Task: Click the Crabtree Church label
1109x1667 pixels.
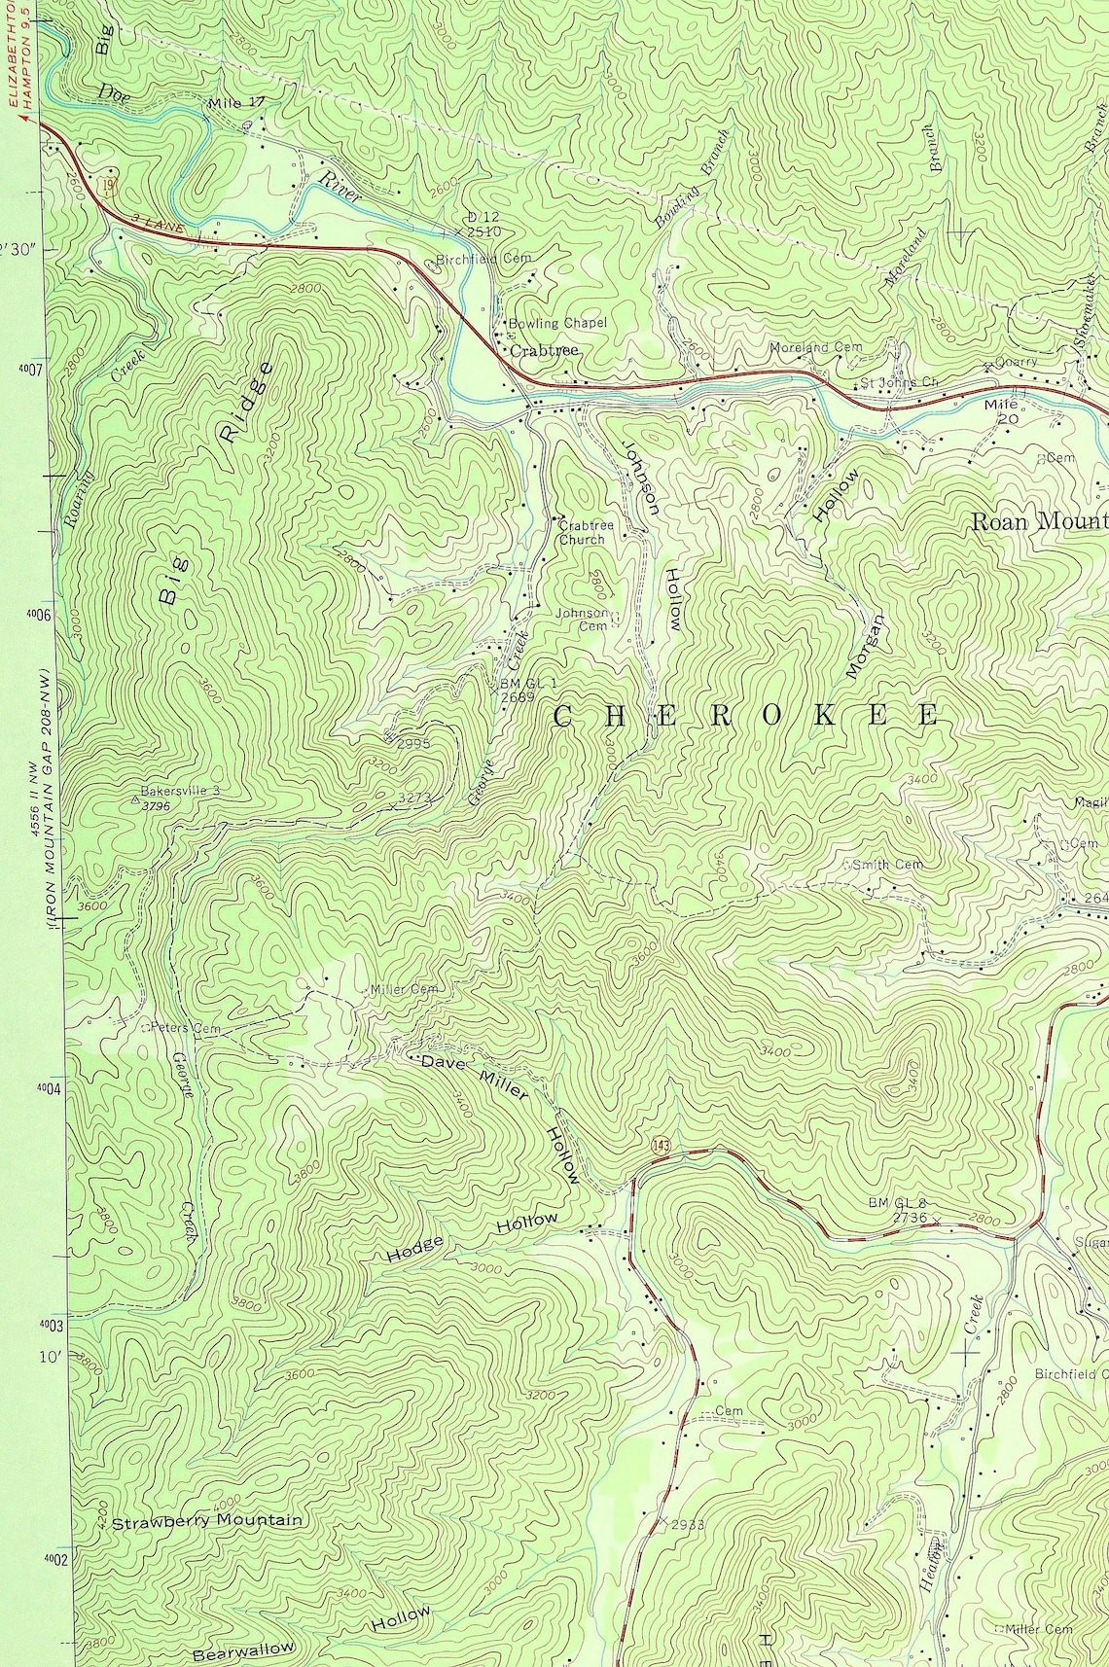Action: pyautogui.click(x=586, y=532)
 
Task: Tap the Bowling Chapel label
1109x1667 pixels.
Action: pyautogui.click(x=557, y=323)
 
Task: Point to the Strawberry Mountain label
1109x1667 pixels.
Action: pyautogui.click(x=207, y=1520)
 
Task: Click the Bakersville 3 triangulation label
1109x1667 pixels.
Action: pyautogui.click(x=180, y=791)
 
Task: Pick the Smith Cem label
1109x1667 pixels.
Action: pyautogui.click(x=886, y=864)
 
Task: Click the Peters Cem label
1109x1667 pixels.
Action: pyautogui.click(x=185, y=1027)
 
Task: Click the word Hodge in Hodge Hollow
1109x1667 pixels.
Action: pyautogui.click(x=415, y=1249)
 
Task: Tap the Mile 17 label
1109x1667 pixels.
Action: pyautogui.click(x=236, y=102)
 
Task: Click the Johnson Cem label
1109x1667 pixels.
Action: pyautogui.click(x=583, y=620)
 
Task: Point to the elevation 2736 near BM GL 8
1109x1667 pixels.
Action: pyautogui.click(x=911, y=1217)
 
